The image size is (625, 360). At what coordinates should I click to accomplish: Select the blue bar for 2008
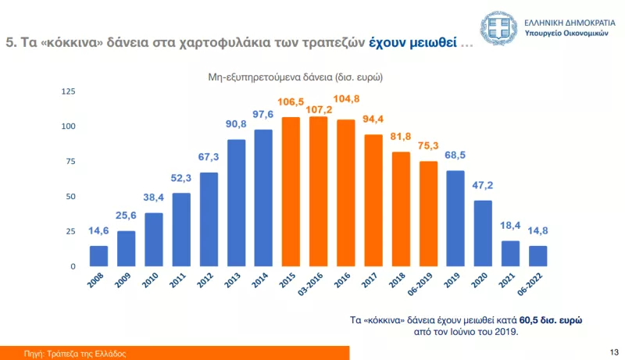[99, 256]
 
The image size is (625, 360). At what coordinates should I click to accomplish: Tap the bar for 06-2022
[538, 256]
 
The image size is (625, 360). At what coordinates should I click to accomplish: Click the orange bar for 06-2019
[428, 214]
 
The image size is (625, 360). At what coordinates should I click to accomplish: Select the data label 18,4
[511, 226]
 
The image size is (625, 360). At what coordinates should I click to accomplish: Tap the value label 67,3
[209, 158]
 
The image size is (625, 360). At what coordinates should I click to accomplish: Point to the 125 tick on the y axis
[68, 92]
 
